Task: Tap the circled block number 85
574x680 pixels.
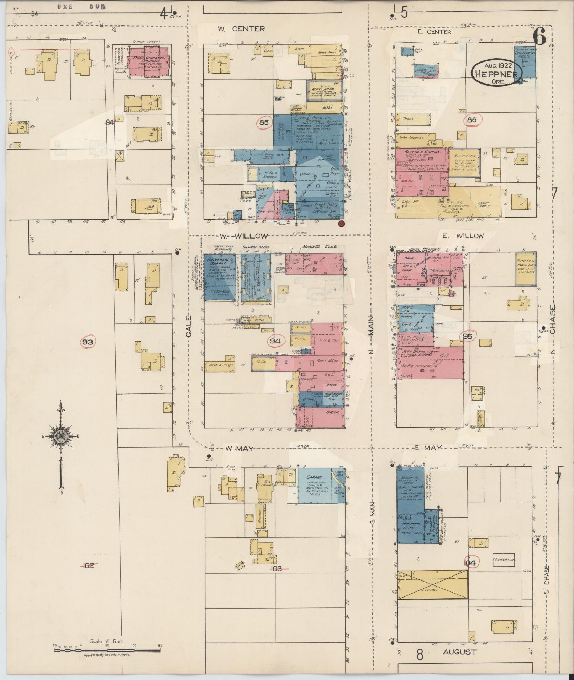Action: (264, 123)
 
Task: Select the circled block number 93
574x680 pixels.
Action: (88, 342)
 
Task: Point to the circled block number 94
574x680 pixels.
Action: (275, 341)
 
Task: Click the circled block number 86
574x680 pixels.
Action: (472, 120)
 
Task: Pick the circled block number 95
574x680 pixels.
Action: (468, 336)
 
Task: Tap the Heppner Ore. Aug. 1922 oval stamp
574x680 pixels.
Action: (497, 73)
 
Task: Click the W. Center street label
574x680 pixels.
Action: (241, 29)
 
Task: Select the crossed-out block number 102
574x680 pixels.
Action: (88, 566)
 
